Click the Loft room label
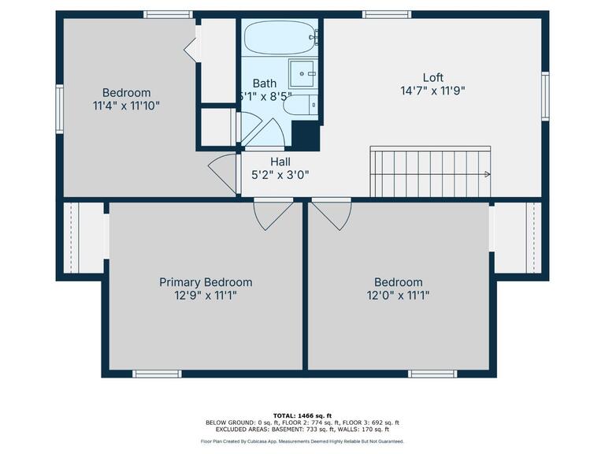click(x=432, y=77)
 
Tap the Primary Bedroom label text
click(x=206, y=282)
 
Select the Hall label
click(x=280, y=162)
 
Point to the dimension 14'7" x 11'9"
click(x=432, y=91)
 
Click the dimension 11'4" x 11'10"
click(x=126, y=105)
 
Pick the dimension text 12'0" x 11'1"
click(x=398, y=296)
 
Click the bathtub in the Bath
click(x=280, y=36)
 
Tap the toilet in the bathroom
click(x=303, y=106)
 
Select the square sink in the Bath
click(x=302, y=73)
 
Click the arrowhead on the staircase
click(x=488, y=174)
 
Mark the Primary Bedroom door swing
click(x=271, y=214)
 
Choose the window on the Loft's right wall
click(x=544, y=95)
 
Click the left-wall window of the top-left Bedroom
click(x=59, y=110)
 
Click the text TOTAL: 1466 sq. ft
click(x=302, y=415)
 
